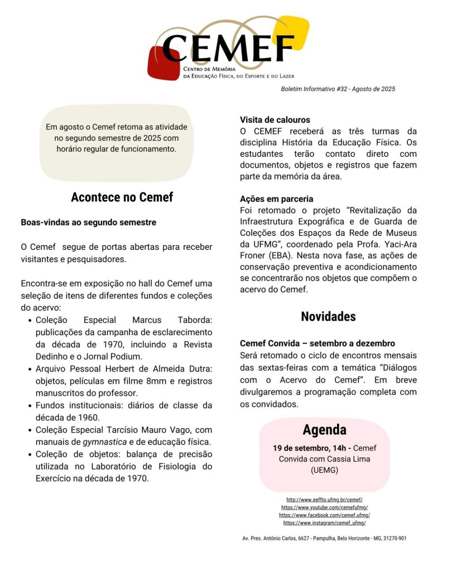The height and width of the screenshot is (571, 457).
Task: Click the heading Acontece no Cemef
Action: (122, 197)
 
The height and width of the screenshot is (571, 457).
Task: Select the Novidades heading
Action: (328, 317)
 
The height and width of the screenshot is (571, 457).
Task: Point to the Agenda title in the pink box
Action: (324, 430)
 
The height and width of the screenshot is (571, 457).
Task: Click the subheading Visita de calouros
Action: (275, 120)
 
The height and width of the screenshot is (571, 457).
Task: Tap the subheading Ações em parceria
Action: (277, 199)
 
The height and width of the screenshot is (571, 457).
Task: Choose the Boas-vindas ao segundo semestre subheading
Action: (89, 222)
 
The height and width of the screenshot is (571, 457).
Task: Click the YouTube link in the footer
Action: (325, 507)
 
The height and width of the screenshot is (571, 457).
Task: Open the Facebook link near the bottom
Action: (325, 515)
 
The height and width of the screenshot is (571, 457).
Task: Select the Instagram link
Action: (324, 523)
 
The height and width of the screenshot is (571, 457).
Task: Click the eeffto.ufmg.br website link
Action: (325, 500)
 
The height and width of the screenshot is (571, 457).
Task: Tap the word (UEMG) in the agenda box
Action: (324, 470)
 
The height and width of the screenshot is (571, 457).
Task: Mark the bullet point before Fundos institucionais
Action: (30, 405)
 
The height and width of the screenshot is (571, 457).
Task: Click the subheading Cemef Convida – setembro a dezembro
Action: (318, 343)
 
